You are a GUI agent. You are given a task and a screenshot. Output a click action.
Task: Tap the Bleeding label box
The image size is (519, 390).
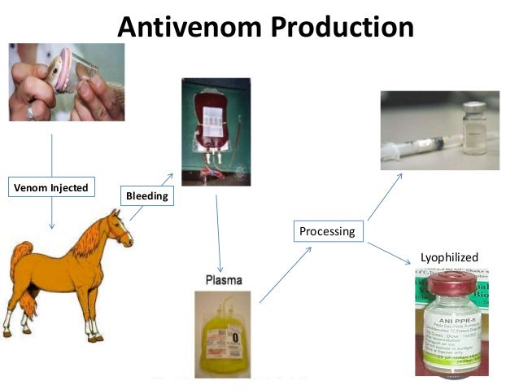(x=146, y=196)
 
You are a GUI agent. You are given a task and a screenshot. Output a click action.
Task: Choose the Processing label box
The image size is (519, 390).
(x=327, y=231)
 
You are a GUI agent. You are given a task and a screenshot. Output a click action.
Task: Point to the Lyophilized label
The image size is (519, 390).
(x=449, y=257)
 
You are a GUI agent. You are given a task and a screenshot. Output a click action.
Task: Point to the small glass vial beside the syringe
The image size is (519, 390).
(x=473, y=130)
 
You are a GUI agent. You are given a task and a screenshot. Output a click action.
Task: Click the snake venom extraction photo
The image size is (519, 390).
(x=67, y=81)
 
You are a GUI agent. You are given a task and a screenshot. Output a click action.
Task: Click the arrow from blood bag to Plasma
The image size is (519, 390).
(x=218, y=233)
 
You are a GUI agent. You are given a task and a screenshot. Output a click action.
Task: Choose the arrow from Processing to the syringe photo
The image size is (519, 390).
(x=384, y=196)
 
